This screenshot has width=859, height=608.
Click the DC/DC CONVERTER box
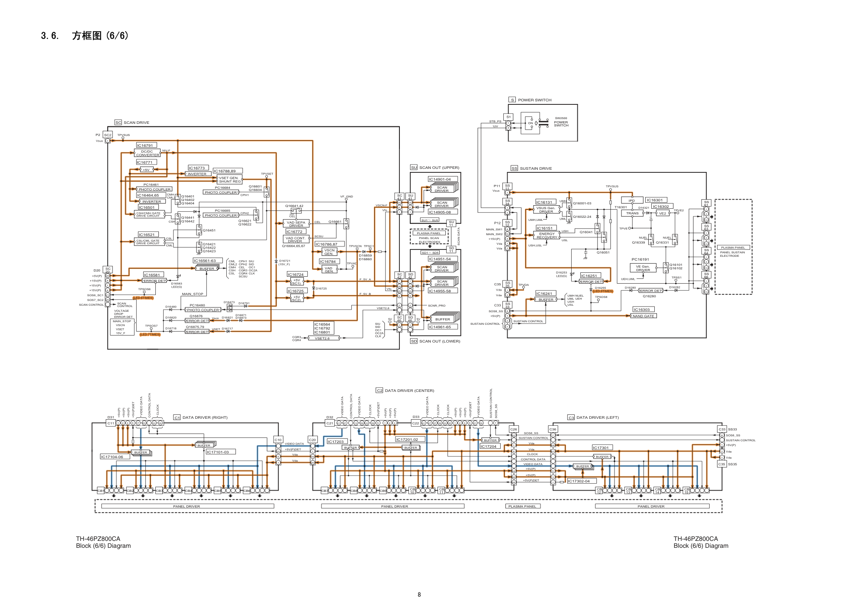click(147, 153)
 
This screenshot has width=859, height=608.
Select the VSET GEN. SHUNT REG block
click(229, 180)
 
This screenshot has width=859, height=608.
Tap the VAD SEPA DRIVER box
click(296, 224)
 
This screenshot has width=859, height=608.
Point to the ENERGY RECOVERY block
click(547, 236)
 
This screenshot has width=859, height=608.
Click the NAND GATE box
click(643, 316)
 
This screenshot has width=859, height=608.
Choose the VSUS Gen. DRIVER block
click(546, 210)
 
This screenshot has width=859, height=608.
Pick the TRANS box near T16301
click(632, 213)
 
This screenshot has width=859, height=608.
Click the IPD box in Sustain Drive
click(631, 201)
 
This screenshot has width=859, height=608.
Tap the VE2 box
click(663, 213)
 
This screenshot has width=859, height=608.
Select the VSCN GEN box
click(329, 252)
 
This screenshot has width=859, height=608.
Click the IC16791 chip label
click(145, 146)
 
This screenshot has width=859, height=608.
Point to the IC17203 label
click(335, 442)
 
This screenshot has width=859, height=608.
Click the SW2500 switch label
click(561, 118)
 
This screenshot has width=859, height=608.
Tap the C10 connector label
click(278, 440)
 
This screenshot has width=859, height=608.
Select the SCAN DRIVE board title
click(136, 123)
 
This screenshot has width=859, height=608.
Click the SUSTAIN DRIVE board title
click(536, 168)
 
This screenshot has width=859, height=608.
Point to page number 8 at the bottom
click(419, 595)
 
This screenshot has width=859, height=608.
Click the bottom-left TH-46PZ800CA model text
click(98, 539)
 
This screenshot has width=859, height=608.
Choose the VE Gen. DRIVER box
click(643, 268)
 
